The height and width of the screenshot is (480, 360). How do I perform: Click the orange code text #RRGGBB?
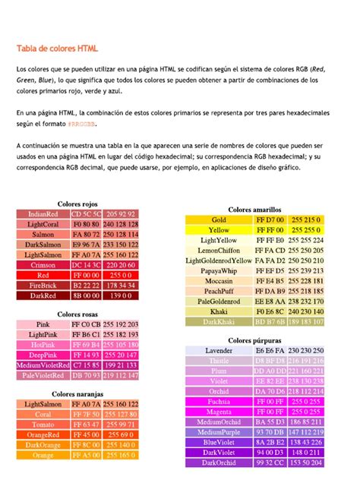82,122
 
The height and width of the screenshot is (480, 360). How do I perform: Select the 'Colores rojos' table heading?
77,204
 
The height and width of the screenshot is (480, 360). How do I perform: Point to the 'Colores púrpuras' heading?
254,340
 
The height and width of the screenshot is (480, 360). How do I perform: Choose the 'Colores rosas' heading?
77,314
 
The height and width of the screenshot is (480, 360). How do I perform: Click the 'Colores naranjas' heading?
77,394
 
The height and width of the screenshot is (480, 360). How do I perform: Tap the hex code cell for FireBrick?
86,286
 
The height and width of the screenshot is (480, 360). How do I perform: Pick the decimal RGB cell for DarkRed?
122,295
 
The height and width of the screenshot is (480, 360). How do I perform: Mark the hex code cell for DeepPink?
86,355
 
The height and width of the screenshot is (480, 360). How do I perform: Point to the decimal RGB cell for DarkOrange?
122,445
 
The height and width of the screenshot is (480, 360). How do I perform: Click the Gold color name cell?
219,219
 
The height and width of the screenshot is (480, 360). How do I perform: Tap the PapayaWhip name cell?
219,270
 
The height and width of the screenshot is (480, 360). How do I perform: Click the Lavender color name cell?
219,350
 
